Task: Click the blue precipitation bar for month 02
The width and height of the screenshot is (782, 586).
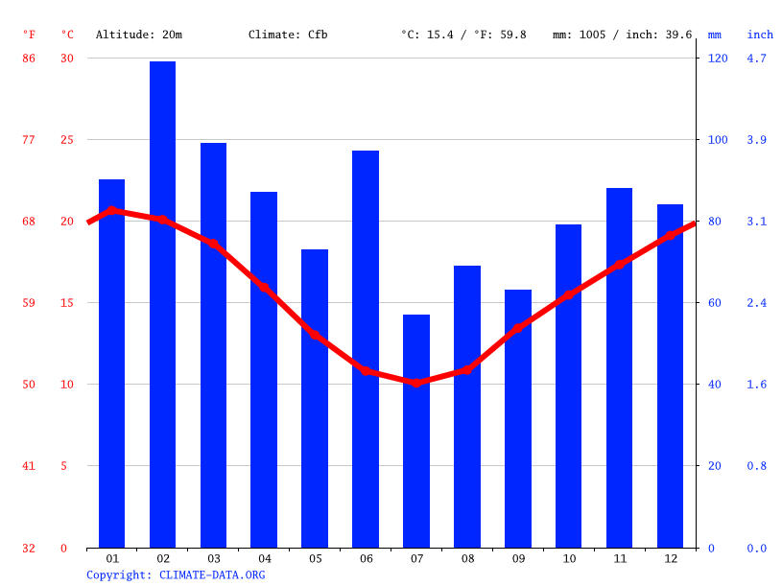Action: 162,304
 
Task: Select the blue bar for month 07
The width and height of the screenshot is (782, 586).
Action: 416,431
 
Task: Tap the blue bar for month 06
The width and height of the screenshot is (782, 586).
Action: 366,349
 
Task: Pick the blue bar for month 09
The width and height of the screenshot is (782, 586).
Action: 518,418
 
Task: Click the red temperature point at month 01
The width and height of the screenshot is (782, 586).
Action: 112,210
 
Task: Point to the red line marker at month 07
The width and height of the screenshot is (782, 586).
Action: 416,383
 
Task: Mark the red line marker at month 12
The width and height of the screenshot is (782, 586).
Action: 670,236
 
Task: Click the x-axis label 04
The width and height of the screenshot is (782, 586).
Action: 264,559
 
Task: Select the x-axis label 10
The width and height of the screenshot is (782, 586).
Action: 569,559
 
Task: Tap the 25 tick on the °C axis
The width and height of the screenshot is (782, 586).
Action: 66,140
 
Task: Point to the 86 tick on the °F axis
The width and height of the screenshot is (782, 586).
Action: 29,59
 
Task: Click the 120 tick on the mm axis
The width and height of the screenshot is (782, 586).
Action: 718,59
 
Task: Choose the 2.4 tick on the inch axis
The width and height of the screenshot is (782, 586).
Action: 756,303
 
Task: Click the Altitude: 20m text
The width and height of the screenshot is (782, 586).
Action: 138,35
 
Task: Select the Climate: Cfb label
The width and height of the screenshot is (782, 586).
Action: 288,35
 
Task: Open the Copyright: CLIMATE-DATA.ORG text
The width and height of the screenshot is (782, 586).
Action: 176,575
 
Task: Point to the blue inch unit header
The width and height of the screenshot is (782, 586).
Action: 760,35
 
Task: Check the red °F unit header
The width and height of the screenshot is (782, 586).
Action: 29,35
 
